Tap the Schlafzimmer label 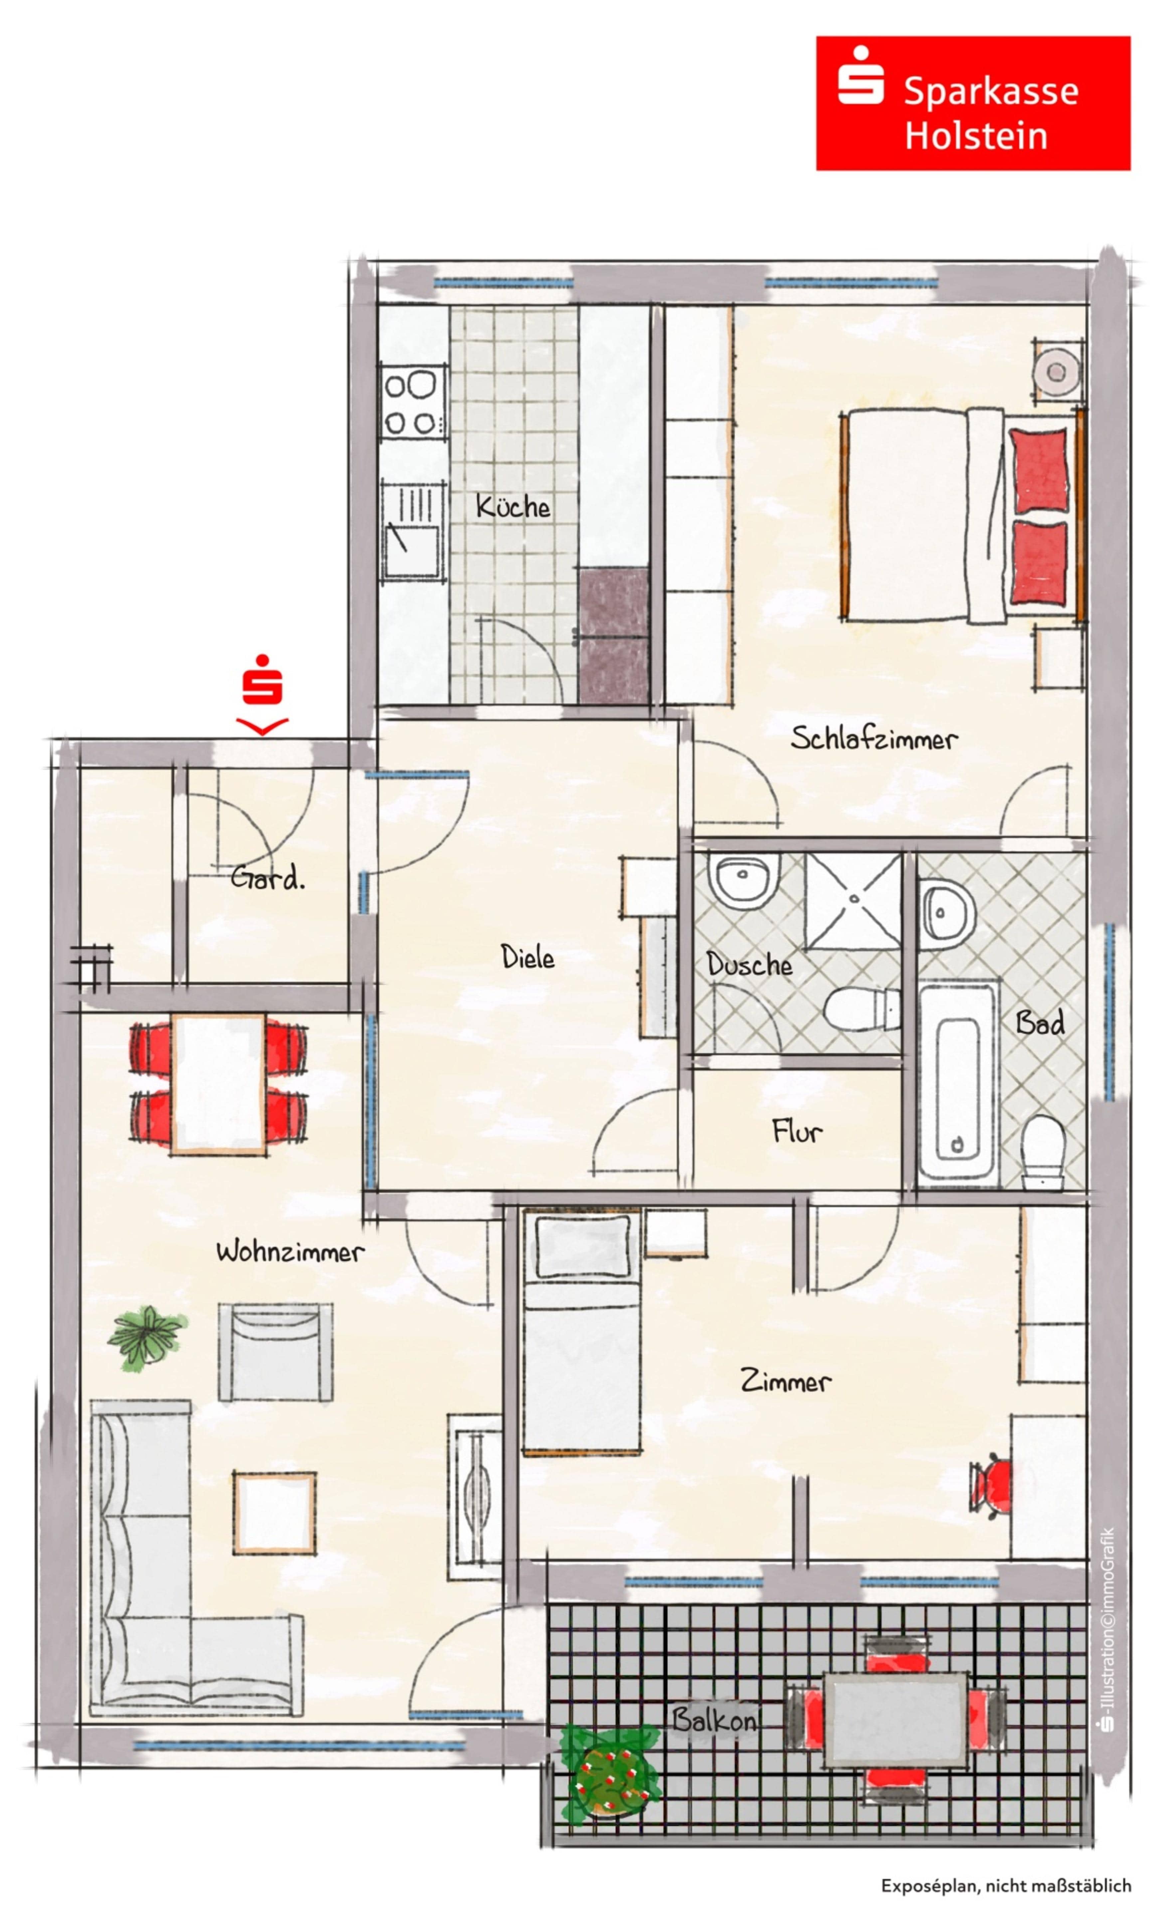(874, 738)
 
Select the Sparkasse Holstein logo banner (973, 103)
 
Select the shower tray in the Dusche (854, 901)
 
